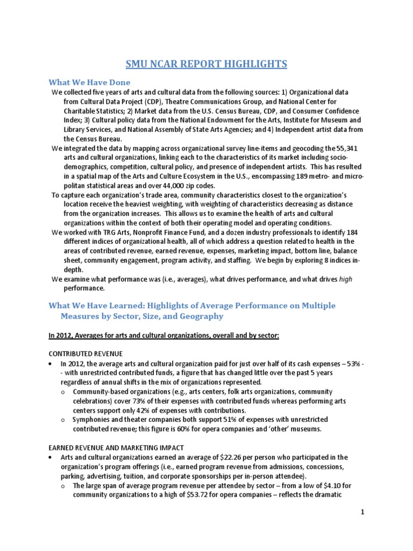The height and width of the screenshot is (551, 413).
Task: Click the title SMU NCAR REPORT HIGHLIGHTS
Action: click(206, 65)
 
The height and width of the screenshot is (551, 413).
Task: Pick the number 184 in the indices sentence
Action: click(350, 232)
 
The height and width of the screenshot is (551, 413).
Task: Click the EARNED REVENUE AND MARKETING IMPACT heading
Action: click(117, 448)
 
